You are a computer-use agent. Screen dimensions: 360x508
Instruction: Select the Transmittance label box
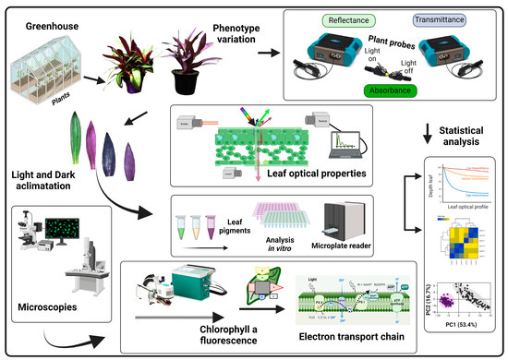tap(445, 20)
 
